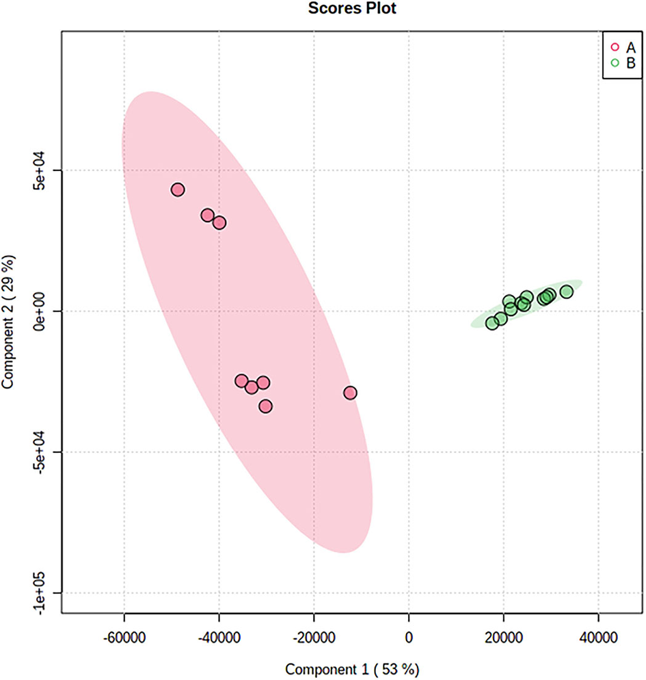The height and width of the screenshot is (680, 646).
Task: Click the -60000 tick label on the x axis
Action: [124, 638]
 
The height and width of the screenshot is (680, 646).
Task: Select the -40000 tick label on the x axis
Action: [219, 638]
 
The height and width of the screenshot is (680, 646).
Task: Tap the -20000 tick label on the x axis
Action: [314, 638]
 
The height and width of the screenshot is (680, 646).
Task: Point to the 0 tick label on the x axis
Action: [409, 638]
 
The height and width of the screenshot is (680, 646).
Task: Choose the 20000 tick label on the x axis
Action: [504, 638]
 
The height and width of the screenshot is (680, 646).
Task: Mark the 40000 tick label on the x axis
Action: [599, 638]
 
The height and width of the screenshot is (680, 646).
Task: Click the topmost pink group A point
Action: [178, 189]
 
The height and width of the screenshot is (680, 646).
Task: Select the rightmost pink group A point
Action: [350, 393]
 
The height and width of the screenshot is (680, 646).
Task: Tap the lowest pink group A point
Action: [265, 406]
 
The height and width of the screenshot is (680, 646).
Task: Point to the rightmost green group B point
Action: [566, 292]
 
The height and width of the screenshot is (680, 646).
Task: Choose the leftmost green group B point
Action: [492, 323]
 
